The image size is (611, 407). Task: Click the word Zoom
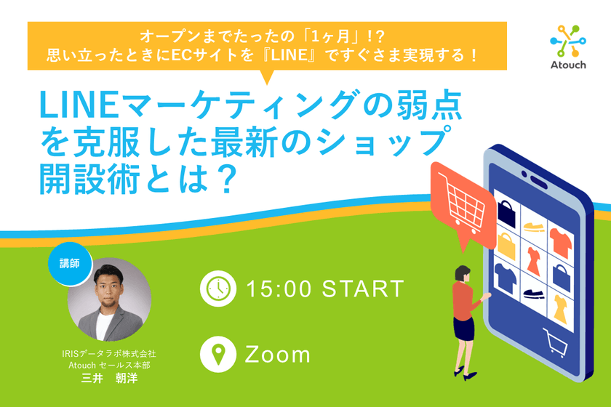pyautogui.click(x=278, y=355)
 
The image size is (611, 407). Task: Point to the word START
pyautogui.click(x=362, y=289)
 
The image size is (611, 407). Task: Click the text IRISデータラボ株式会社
pyautogui.click(x=109, y=354)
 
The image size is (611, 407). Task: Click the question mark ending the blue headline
pyautogui.click(x=224, y=180)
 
